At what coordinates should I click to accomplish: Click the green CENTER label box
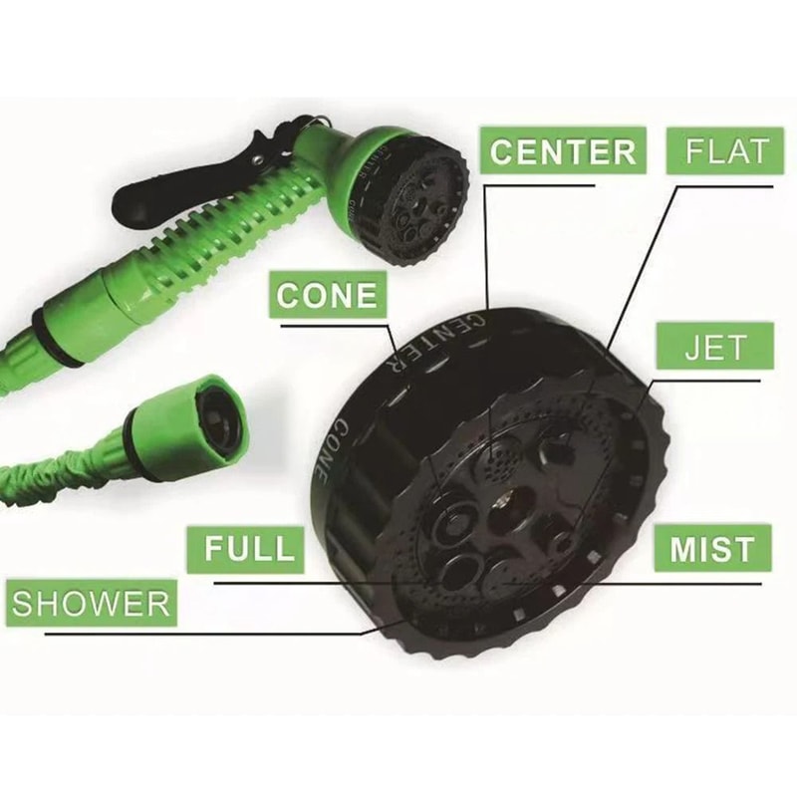coord(562,150)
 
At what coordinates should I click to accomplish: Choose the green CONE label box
coord(328,296)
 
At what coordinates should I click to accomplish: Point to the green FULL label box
coord(248,549)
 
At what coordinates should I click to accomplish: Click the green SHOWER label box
coord(92,603)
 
